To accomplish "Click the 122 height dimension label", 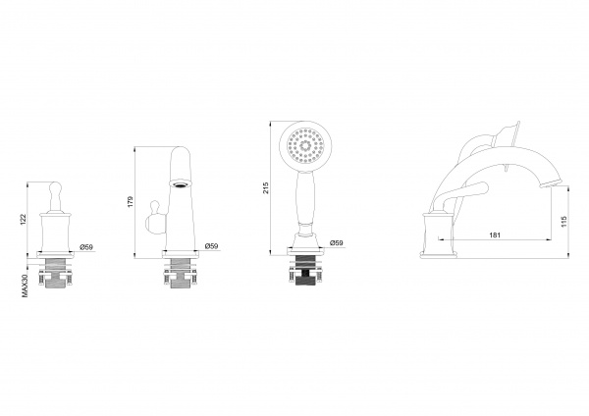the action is point(23,219).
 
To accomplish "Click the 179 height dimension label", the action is point(131,201).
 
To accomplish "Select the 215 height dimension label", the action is point(266,187).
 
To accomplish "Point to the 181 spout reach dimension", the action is point(495,235).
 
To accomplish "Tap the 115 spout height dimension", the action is point(563,221).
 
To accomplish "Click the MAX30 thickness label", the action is point(25,286).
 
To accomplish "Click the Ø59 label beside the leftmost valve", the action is point(86,246).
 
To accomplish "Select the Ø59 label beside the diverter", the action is point(211,246).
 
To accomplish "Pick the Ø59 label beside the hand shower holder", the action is point(336,243).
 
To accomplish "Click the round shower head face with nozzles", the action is point(305,145).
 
